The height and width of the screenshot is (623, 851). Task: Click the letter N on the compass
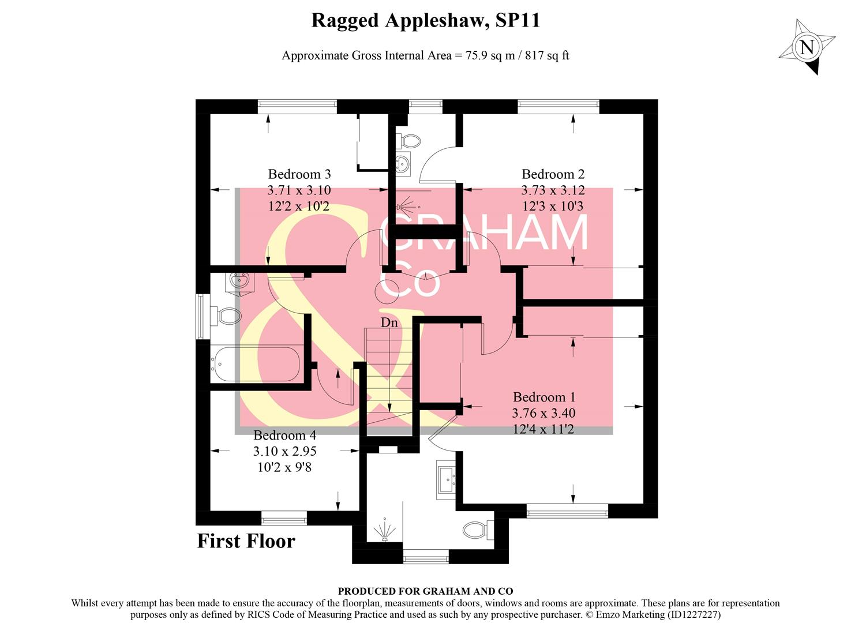(808, 47)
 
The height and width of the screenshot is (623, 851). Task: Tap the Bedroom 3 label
(299, 174)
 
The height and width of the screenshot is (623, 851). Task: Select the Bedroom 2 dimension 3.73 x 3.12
(553, 190)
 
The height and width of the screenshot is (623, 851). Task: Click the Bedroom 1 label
(543, 397)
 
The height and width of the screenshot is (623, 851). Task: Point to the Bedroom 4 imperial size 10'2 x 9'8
(284, 467)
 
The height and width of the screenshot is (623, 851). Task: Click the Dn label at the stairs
(389, 322)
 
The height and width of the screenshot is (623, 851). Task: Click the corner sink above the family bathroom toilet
(238, 282)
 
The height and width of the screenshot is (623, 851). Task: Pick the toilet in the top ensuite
(410, 141)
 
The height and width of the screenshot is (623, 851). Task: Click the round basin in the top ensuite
(403, 164)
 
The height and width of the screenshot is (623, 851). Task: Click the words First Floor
(246, 541)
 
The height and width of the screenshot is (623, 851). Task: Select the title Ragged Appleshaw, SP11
(425, 21)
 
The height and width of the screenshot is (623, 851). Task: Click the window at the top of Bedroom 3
(297, 104)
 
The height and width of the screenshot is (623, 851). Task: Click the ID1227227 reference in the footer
(693, 615)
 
